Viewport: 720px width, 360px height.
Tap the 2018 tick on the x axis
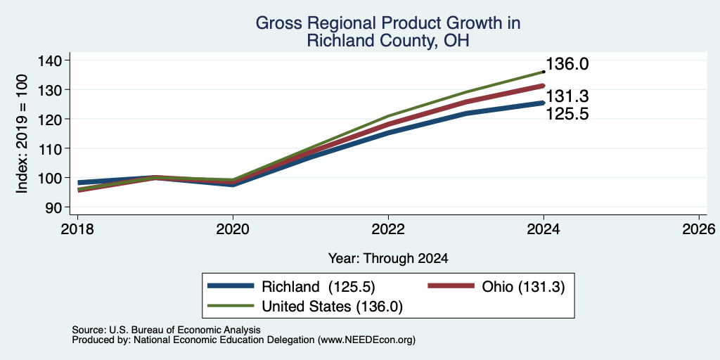[x=77, y=229]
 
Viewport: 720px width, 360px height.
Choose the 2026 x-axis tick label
[x=700, y=229]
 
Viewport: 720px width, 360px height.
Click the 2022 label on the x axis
[x=388, y=229]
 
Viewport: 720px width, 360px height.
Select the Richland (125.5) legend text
[x=319, y=287]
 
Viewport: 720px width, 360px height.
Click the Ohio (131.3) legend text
[x=523, y=287]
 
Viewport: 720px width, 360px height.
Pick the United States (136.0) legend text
[x=332, y=307]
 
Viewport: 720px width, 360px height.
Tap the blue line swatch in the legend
[x=231, y=286]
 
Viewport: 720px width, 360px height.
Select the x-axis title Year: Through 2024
[x=388, y=259]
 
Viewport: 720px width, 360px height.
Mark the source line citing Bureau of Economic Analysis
[x=166, y=330]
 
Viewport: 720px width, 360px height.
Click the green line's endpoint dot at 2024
[x=544, y=72]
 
